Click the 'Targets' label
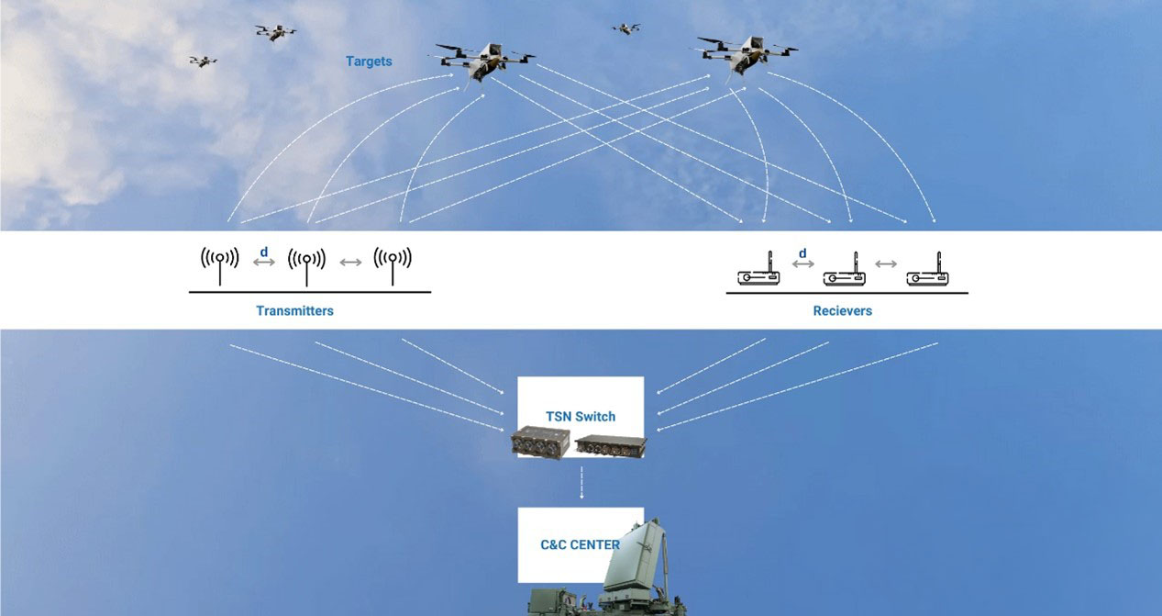pyautogui.click(x=369, y=62)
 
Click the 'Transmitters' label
pyautogui.click(x=294, y=311)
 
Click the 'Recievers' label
pyautogui.click(x=842, y=311)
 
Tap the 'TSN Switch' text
pyautogui.click(x=581, y=416)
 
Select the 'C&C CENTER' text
pyautogui.click(x=580, y=544)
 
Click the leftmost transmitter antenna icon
pyautogui.click(x=220, y=263)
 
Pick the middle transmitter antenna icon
pyautogui.click(x=306, y=263)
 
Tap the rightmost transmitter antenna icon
pyautogui.click(x=393, y=263)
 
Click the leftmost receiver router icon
pyautogui.click(x=759, y=273)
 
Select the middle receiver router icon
pyautogui.click(x=844, y=273)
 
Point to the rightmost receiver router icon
pyautogui.click(x=927, y=273)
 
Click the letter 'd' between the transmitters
pyautogui.click(x=264, y=252)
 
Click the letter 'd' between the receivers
pyautogui.click(x=802, y=253)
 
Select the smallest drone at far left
pyautogui.click(x=203, y=62)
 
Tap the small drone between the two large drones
pyautogui.click(x=625, y=28)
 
